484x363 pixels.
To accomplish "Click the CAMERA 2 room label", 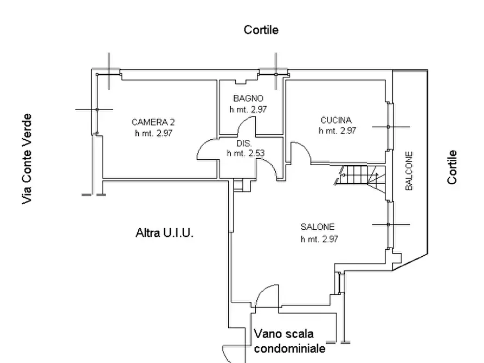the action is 153,122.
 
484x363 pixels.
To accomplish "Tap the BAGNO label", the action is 248,99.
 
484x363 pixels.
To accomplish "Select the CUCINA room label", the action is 336,120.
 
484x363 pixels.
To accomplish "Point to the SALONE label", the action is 318,227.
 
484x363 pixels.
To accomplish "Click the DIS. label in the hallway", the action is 244,144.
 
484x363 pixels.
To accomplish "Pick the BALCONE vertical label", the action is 409,171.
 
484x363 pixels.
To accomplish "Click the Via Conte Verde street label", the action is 27,159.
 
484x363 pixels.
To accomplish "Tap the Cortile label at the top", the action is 261,30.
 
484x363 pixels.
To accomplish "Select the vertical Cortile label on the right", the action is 452,167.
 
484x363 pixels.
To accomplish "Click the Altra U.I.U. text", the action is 165,232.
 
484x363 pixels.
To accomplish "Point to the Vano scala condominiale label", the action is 289,341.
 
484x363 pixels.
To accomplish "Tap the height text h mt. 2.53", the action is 246,153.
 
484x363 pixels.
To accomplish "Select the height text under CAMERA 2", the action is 153,133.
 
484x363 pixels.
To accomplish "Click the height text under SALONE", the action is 319,239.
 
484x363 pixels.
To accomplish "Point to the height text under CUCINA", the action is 337,131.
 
